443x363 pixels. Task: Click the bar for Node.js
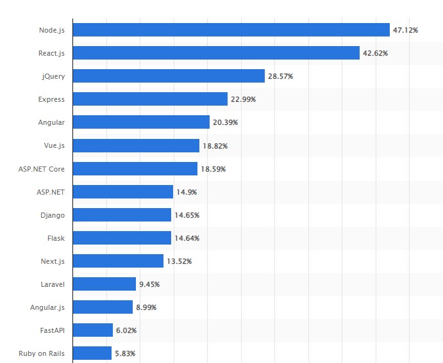point(231,30)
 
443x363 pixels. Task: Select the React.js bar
point(216,53)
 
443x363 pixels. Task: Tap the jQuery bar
point(169,76)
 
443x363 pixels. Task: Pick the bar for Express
point(150,99)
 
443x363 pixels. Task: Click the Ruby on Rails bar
point(92,353)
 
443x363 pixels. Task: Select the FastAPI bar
point(93,330)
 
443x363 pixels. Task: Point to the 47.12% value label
point(405,30)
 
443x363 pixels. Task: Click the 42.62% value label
point(375,53)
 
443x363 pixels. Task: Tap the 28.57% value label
point(280,76)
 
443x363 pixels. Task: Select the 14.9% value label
point(186,192)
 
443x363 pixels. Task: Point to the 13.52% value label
point(179,261)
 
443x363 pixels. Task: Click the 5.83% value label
point(125,353)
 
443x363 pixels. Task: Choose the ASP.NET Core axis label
point(42,169)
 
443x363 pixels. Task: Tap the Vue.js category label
point(54,146)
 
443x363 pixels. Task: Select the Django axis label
point(52,215)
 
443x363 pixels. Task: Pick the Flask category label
point(56,238)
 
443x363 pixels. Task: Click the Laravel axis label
point(52,284)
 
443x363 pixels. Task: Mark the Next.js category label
point(52,261)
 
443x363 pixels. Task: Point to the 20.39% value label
point(225,122)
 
